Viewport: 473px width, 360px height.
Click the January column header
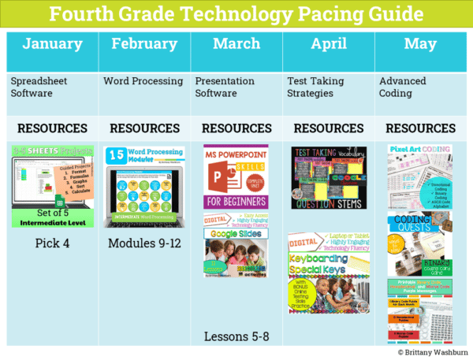[x=52, y=44]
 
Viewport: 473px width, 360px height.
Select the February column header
[x=144, y=44]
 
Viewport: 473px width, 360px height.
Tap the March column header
[x=236, y=44]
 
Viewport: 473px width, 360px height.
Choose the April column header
[x=328, y=44]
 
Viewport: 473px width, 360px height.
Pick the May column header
[x=420, y=44]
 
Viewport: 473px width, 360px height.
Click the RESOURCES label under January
[x=52, y=128]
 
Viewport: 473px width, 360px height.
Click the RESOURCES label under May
[x=420, y=128]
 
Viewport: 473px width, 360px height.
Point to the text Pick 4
[x=52, y=243]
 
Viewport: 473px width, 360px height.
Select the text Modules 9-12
[x=144, y=243]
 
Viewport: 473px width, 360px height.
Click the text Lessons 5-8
[x=236, y=336]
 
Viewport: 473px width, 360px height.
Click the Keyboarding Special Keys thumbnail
[x=328, y=272]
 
